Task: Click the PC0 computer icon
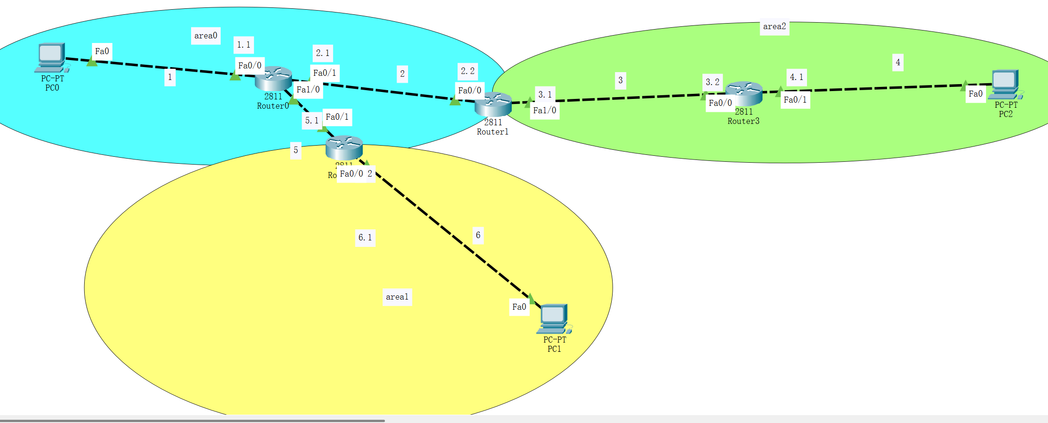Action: point(51,58)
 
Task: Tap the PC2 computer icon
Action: point(1005,84)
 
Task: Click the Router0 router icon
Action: point(273,78)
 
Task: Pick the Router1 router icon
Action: point(493,104)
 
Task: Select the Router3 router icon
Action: point(744,93)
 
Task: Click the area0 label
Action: point(205,36)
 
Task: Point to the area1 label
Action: point(397,297)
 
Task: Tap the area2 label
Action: point(774,27)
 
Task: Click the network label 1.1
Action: point(243,45)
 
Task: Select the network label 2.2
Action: point(467,71)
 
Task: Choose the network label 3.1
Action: point(545,95)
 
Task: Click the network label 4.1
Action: point(796,77)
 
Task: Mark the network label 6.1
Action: point(365,238)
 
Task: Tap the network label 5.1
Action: point(311,121)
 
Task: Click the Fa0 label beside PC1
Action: point(519,307)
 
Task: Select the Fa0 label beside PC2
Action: point(975,94)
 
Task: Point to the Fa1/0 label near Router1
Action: point(545,110)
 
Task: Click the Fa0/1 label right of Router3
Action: point(795,100)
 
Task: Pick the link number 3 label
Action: point(620,80)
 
